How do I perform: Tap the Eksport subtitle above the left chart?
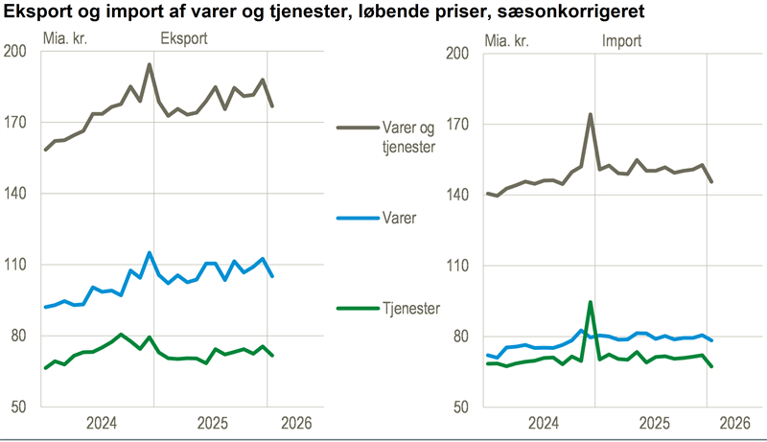[182, 39]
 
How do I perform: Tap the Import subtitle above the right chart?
[622, 40]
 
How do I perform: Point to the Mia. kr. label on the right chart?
[509, 40]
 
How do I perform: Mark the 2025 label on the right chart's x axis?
[654, 423]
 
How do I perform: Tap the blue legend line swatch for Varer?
[359, 218]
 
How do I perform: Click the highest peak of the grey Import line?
[590, 114]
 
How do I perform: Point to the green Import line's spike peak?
[590, 302]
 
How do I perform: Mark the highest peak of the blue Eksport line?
[150, 253]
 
